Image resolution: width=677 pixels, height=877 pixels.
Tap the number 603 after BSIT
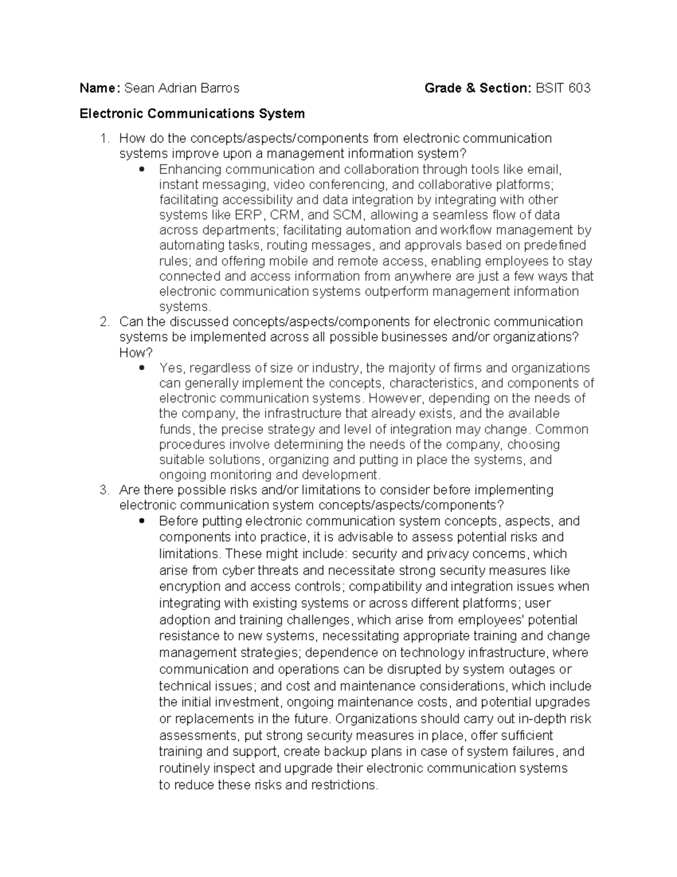click(579, 88)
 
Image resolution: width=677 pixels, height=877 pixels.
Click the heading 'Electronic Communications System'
click(192, 114)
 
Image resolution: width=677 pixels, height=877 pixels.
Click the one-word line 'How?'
click(135, 353)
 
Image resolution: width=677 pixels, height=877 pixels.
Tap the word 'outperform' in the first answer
click(395, 291)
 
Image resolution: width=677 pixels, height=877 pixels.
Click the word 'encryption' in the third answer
click(187, 587)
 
